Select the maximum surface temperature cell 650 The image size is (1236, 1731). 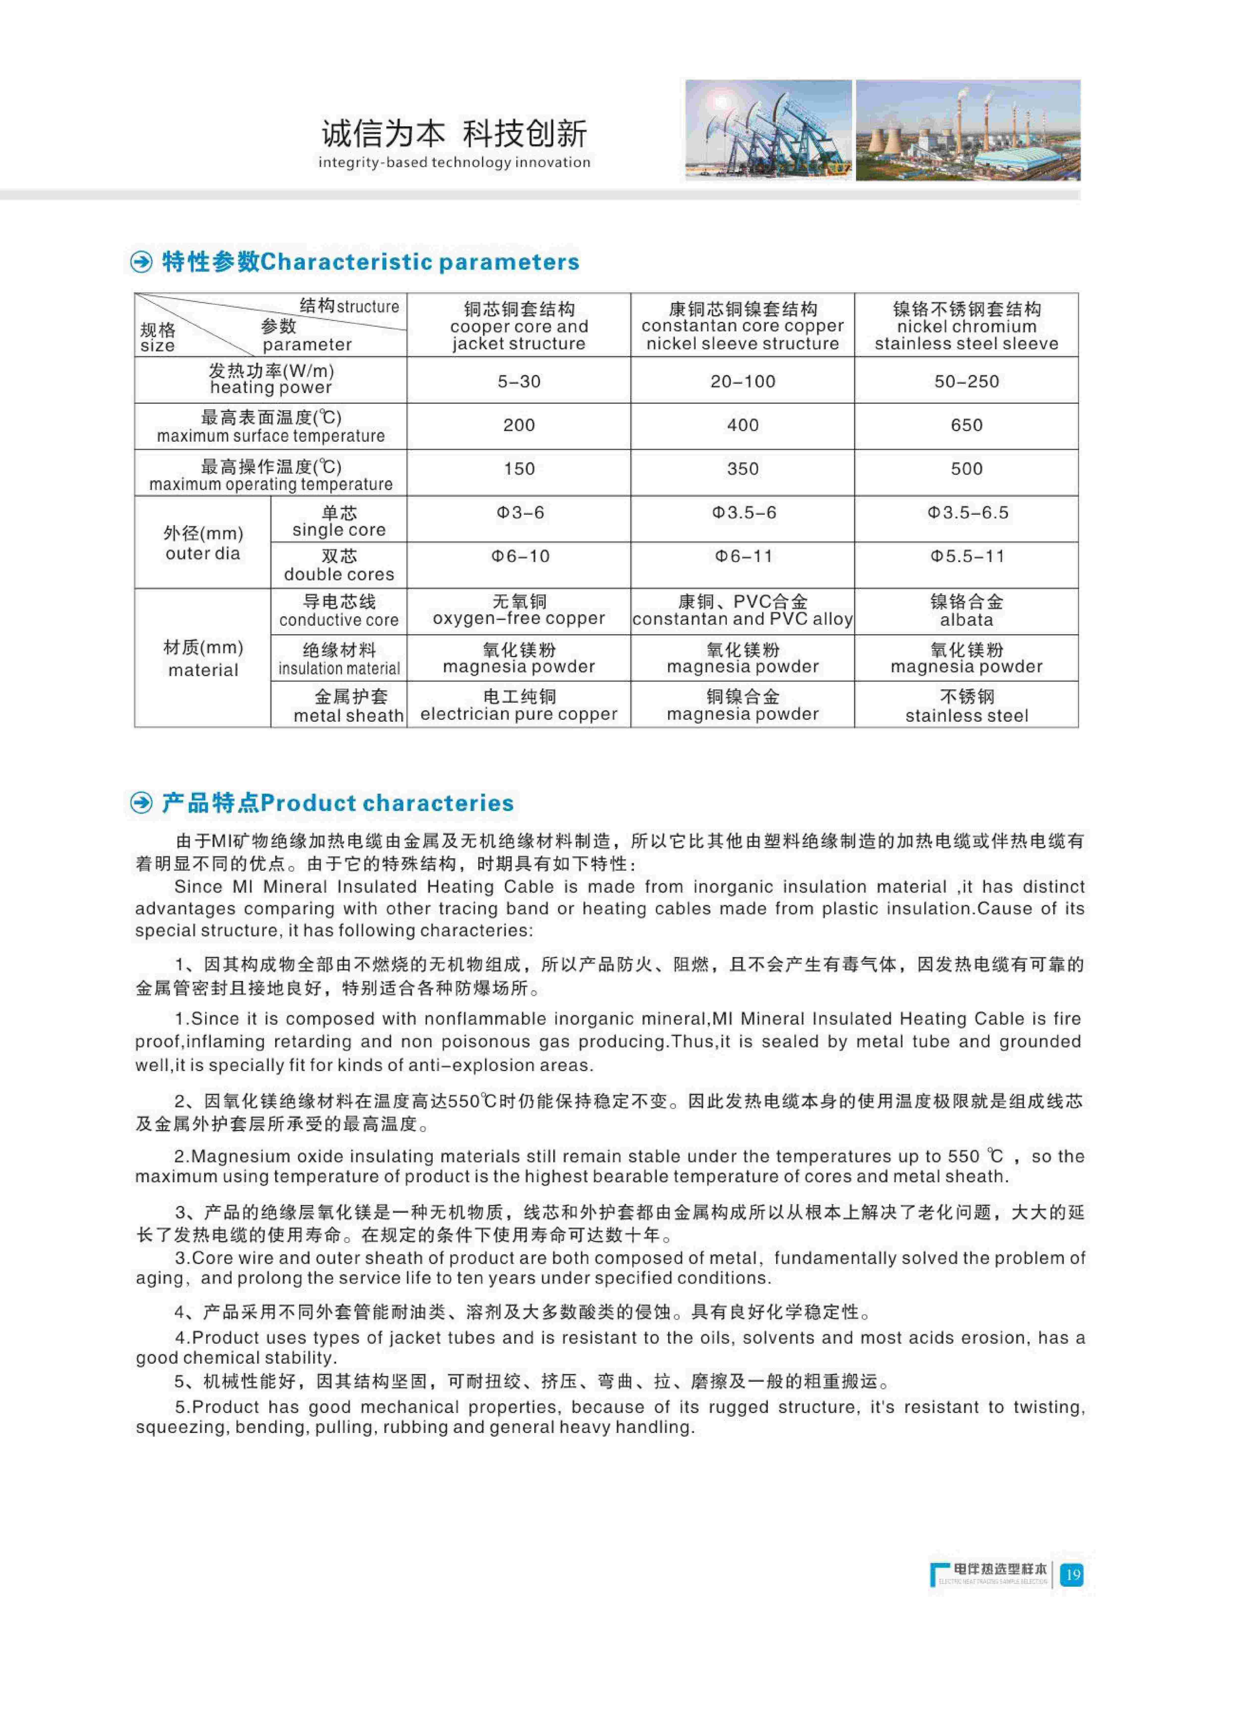pyautogui.click(x=967, y=425)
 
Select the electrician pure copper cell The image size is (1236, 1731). pyautogui.click(x=519, y=705)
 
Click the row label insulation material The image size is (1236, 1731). pyautogui.click(x=339, y=659)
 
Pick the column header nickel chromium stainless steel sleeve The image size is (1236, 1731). pyautogui.click(x=967, y=326)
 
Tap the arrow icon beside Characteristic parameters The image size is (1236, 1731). pyautogui.click(x=142, y=262)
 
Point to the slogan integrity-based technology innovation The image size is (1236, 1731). pyautogui.click(x=454, y=162)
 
